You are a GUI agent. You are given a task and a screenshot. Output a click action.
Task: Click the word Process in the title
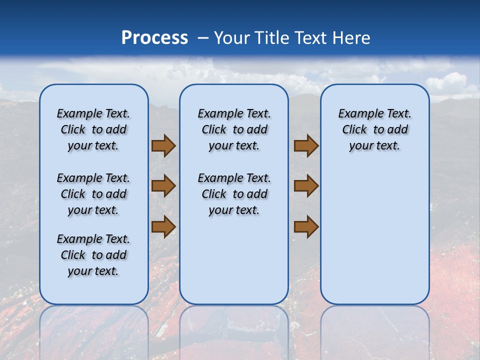[x=154, y=38]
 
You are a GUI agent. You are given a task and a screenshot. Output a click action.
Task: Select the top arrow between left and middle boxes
[x=163, y=146]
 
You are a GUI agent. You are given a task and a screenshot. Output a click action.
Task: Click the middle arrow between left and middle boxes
[x=163, y=186]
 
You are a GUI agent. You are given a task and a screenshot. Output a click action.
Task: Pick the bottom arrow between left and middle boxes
[x=163, y=226]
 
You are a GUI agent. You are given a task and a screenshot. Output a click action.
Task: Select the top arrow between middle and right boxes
[x=306, y=146]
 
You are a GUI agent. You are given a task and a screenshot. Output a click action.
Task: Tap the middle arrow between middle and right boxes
[x=306, y=186]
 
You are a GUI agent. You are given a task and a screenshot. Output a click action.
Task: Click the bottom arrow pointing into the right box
[x=306, y=226]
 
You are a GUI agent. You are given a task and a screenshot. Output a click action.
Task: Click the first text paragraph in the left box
[x=93, y=129]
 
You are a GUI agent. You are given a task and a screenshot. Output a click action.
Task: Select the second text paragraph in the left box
[x=93, y=194]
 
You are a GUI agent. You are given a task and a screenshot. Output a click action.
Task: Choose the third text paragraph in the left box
[x=93, y=255]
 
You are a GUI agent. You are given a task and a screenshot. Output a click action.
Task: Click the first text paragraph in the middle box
[x=234, y=129]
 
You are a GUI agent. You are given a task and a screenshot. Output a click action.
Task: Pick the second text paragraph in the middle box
[x=234, y=194]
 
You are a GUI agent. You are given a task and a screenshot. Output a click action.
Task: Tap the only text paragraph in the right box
[x=374, y=129]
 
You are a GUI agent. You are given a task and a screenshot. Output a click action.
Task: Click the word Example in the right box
[x=357, y=114]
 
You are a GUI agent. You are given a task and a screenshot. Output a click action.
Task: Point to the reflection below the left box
[x=94, y=330]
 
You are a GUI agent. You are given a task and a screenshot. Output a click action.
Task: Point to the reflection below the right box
[x=375, y=330]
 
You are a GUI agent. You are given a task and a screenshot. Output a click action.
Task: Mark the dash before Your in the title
[x=203, y=38]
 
